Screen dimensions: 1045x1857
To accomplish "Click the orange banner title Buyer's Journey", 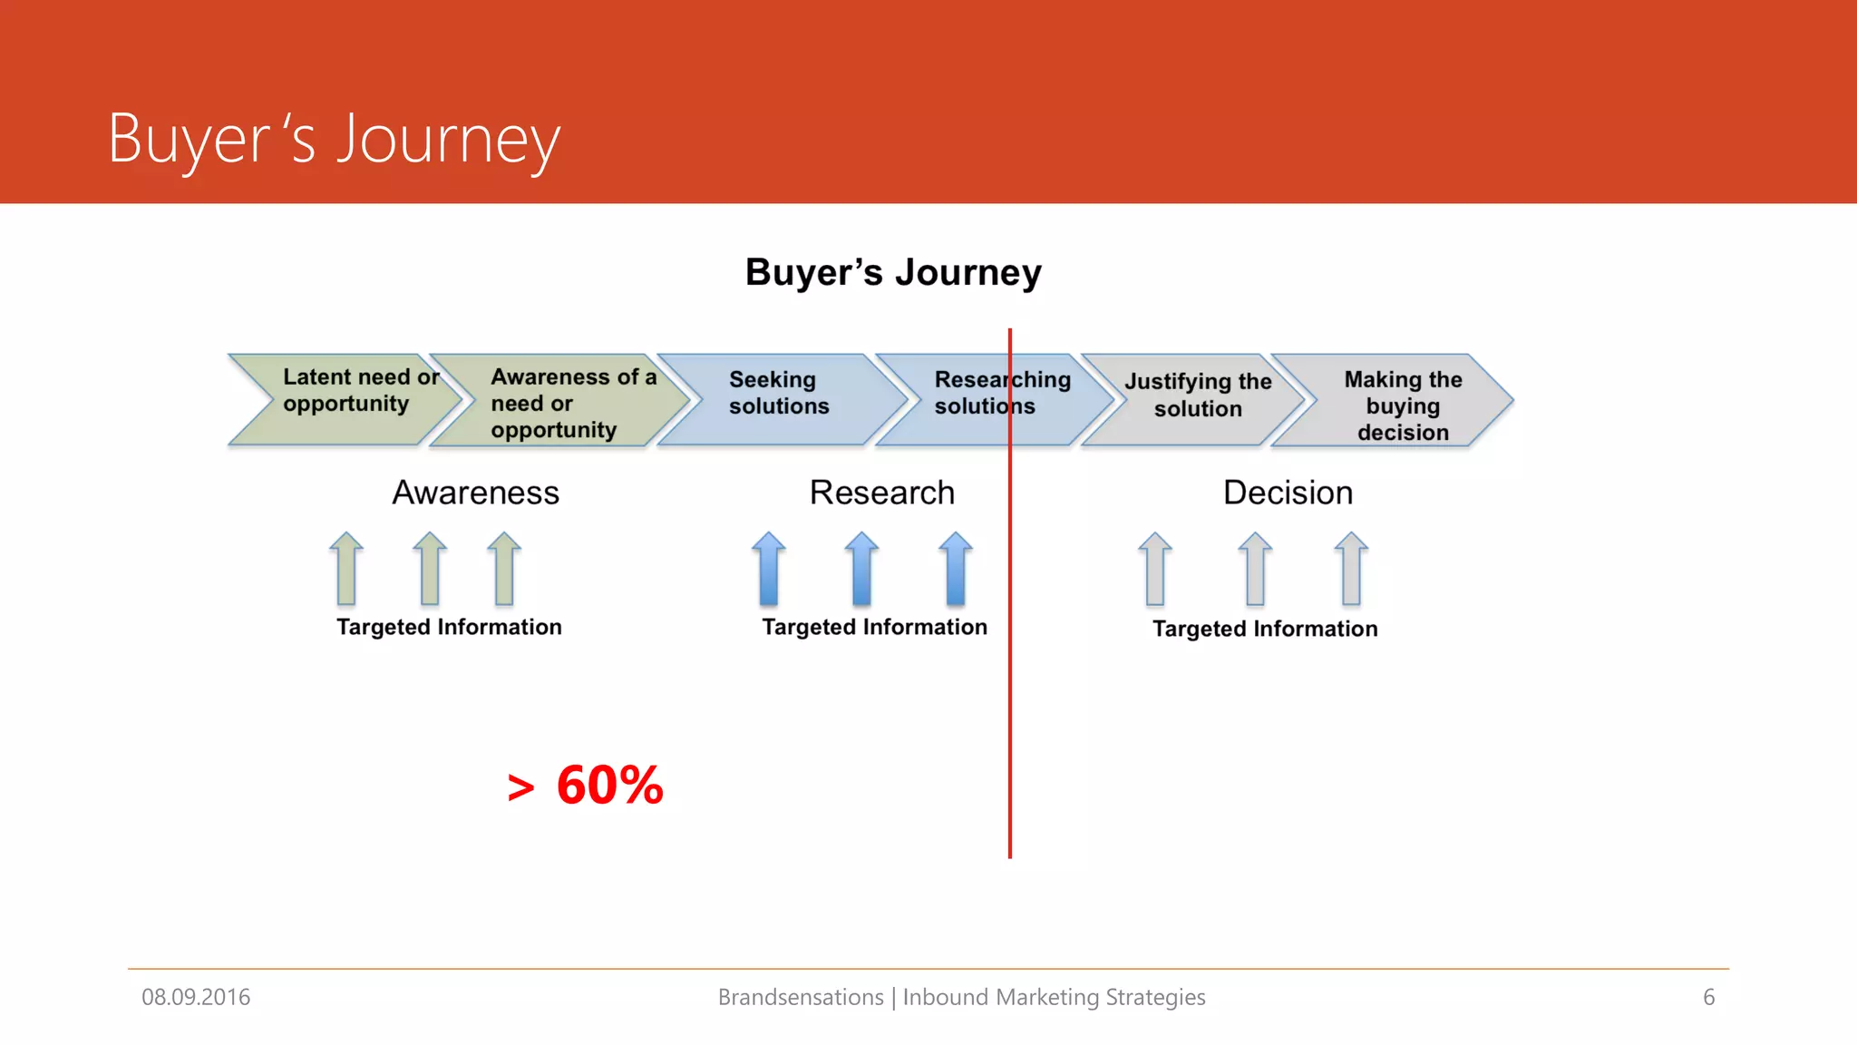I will [334, 140].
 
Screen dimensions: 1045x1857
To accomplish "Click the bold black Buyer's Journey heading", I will [893, 272].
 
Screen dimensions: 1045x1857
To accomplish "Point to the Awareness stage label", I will [475, 493].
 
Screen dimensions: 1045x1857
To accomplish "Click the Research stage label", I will [881, 493].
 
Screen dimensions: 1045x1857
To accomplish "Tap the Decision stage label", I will [1288, 493].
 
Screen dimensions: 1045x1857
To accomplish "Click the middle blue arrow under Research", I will [861, 570].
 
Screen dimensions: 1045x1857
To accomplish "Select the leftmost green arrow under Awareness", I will [346, 570].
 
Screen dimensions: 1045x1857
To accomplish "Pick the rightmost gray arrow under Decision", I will [1351, 570].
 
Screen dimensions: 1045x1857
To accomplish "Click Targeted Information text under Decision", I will [1265, 629].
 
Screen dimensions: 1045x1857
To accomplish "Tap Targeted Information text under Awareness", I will [449, 627].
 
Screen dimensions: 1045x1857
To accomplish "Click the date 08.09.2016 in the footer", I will [196, 997].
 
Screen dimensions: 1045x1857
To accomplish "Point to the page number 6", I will [1708, 997].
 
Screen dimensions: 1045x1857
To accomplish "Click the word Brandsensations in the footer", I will [800, 997].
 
